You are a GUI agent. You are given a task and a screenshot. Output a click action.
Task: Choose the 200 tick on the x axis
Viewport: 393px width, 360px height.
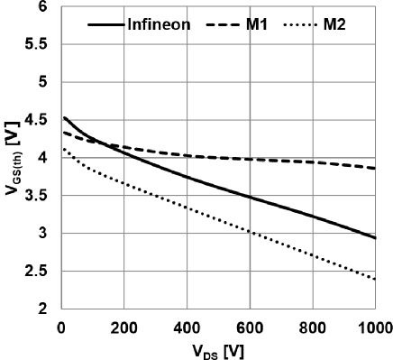123,326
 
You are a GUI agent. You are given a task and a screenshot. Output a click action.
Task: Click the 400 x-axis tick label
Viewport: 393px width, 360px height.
186,326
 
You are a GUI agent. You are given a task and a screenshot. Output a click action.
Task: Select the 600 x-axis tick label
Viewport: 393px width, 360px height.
249,326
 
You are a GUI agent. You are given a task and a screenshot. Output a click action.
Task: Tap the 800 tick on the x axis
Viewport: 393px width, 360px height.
312,326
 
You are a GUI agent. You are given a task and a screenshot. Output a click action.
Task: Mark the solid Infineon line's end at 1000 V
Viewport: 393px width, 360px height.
375,238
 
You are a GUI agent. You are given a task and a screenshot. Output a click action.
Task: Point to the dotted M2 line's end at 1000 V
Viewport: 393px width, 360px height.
375,279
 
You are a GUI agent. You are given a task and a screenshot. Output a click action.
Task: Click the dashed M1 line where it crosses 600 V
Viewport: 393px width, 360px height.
249,159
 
